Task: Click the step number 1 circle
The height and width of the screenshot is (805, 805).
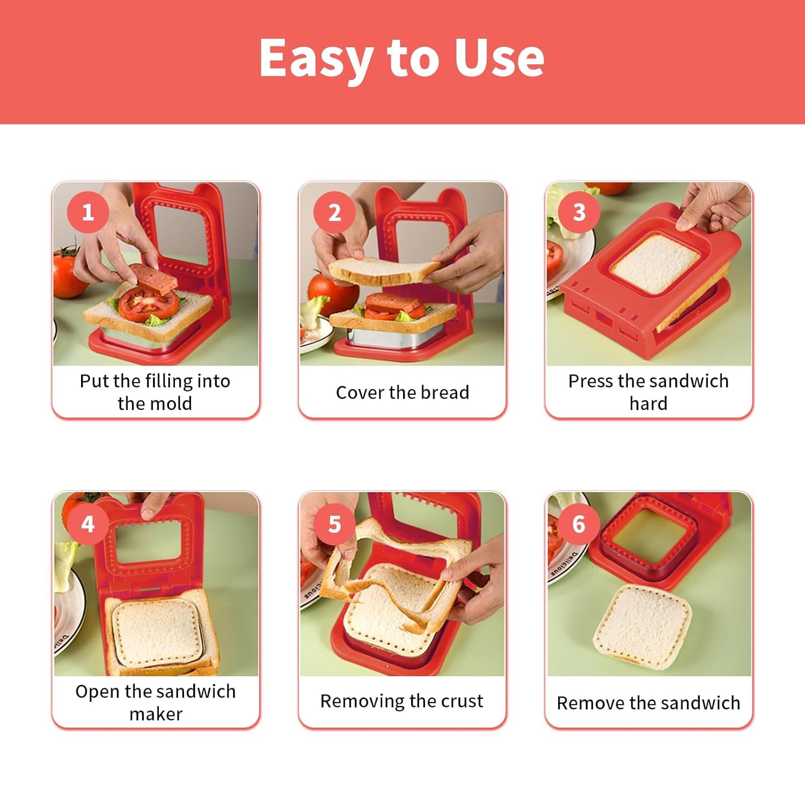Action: (x=88, y=212)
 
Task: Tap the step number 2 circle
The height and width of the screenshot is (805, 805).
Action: (x=334, y=213)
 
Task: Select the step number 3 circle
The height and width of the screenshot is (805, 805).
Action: (x=579, y=212)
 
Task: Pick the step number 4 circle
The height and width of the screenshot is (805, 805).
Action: (x=88, y=523)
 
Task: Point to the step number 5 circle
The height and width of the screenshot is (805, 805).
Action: (x=334, y=524)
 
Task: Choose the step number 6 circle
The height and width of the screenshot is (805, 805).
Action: (x=579, y=523)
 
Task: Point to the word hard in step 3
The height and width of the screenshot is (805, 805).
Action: (x=648, y=403)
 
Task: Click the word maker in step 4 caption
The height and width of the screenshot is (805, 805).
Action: (x=156, y=714)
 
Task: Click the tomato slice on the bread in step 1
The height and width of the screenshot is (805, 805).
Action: (x=148, y=303)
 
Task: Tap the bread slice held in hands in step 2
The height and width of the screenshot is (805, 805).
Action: (x=384, y=271)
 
